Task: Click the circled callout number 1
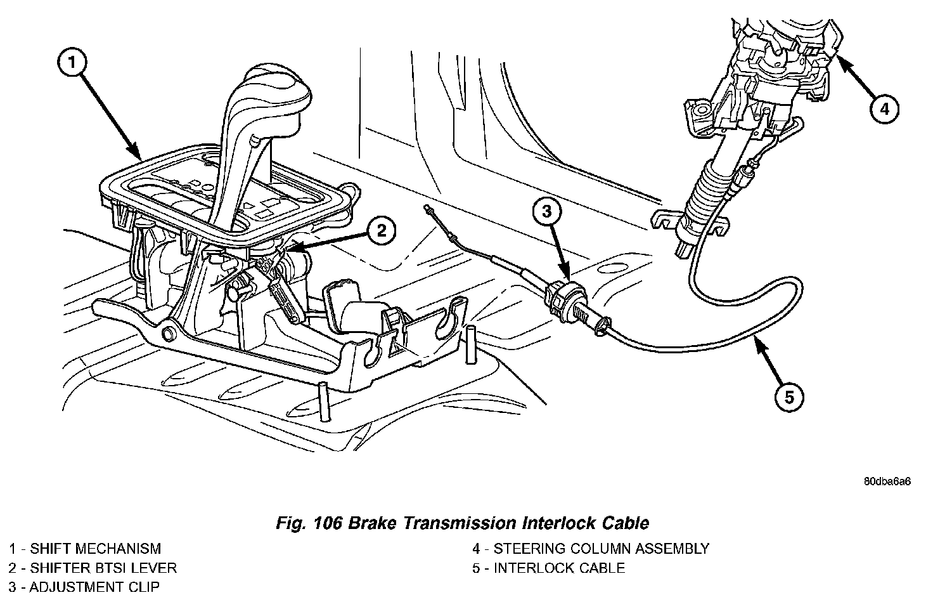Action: coord(72,63)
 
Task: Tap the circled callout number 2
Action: coord(382,230)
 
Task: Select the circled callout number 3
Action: coord(546,212)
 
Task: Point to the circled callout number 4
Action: coord(884,109)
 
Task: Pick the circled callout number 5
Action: coord(789,397)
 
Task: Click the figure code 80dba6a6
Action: coord(887,481)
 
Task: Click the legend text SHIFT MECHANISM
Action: coord(95,548)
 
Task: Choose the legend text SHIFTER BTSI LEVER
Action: coord(103,568)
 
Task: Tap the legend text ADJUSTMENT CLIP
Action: coord(94,587)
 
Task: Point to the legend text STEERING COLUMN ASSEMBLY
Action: coord(601,548)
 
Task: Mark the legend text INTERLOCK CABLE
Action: coord(560,568)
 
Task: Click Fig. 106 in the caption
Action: coord(309,523)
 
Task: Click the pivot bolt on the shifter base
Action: coord(168,334)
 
